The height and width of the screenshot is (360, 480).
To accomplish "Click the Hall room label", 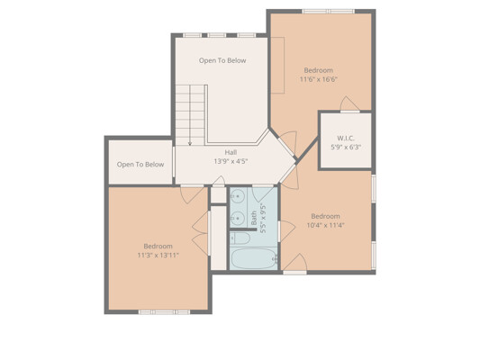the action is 231,152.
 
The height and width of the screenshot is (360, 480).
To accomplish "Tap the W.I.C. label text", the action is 346,139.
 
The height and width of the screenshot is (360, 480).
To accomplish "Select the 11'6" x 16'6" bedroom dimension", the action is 319,79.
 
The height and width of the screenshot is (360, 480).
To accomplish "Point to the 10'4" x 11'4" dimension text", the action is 325,225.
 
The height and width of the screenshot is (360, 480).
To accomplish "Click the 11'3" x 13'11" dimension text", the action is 158,255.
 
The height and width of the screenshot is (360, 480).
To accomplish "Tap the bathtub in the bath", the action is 254,259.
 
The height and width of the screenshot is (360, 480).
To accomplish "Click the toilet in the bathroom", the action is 240,238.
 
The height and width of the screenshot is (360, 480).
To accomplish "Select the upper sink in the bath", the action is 238,196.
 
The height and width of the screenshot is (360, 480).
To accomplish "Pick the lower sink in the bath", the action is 238,218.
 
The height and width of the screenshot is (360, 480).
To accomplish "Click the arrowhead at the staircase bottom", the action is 190,143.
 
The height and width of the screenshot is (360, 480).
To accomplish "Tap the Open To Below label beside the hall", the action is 140,165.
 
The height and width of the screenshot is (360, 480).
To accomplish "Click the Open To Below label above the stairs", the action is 222,60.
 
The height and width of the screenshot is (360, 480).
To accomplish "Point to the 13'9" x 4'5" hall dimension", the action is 231,161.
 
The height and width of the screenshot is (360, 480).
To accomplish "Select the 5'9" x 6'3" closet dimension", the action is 346,147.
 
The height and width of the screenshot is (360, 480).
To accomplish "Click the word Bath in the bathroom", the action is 254,218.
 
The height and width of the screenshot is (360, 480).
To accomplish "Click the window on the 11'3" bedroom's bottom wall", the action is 164,312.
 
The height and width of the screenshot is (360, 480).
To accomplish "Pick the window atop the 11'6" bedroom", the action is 328,12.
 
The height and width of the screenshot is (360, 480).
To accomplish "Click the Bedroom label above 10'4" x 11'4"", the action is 325,217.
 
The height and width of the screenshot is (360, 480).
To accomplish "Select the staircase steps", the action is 190,115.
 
